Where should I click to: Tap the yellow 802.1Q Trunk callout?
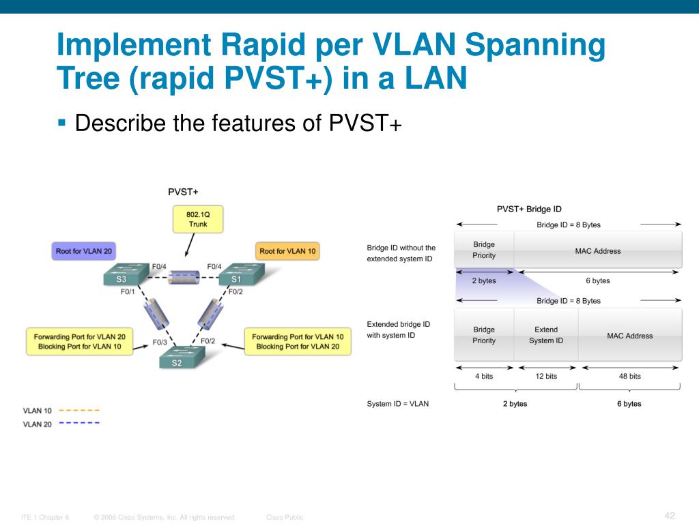pos(198,219)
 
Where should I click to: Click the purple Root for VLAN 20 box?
pos(83,251)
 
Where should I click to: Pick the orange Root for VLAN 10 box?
pos(287,251)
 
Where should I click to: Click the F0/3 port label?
pos(160,342)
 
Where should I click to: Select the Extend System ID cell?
pos(545,335)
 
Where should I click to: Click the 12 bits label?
pos(545,376)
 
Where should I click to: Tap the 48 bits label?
pos(629,376)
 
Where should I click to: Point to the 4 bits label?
pos(483,376)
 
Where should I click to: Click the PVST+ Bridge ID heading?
pos(529,209)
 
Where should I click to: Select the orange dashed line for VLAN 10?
pos(79,410)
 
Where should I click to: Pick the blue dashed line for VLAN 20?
pos(79,423)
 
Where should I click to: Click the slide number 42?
pos(669,515)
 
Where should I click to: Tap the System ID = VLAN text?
pos(398,404)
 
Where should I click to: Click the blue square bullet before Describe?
pos(61,123)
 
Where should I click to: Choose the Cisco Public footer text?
pos(285,517)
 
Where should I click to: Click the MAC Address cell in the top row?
pos(597,251)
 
